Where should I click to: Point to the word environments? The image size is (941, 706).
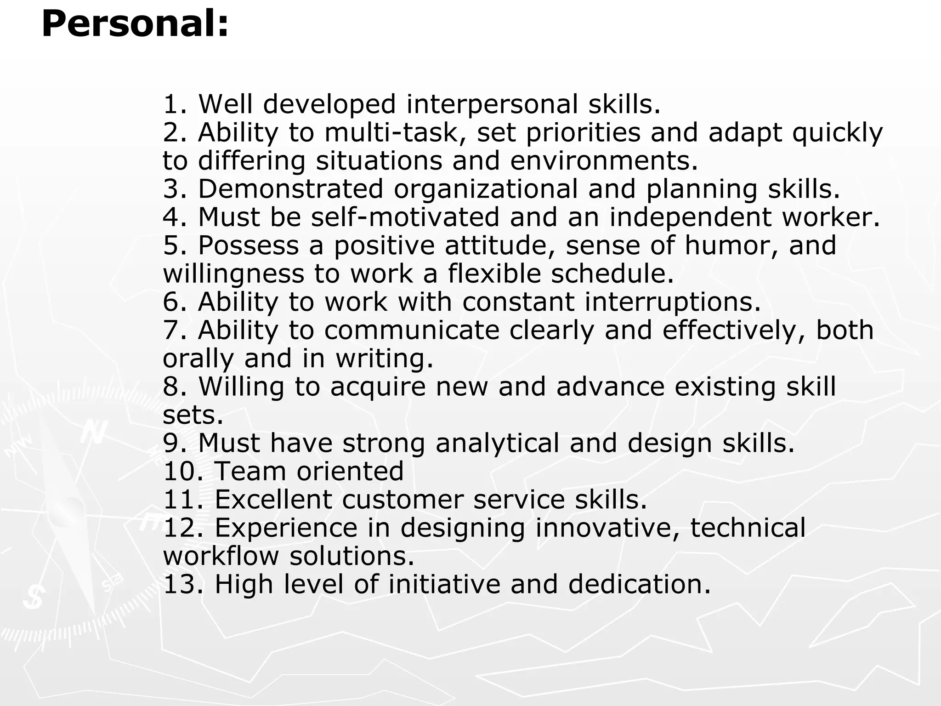click(x=603, y=161)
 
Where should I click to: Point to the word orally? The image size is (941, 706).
click(x=198, y=359)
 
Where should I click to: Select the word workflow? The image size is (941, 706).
click(x=221, y=556)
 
